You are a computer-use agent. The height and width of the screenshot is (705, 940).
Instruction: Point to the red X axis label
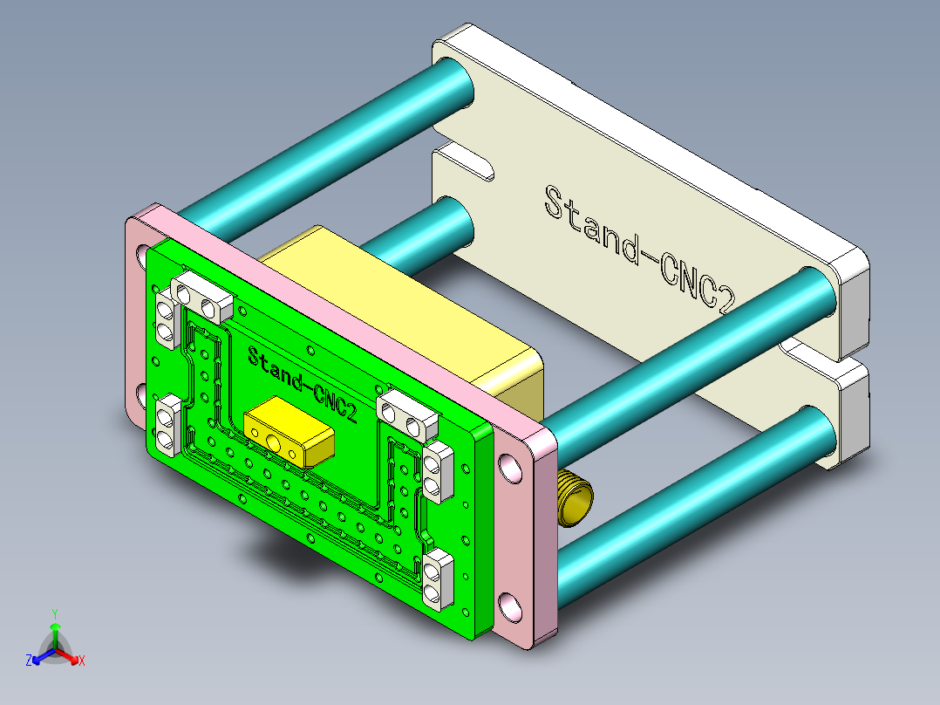(x=82, y=661)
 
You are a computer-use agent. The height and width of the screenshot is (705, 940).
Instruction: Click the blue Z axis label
(x=29, y=661)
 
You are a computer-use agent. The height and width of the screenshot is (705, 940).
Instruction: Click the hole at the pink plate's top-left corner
(x=142, y=254)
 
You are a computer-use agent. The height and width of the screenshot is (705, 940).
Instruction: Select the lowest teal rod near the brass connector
(x=689, y=497)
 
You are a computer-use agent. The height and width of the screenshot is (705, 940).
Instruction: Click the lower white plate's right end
(x=850, y=410)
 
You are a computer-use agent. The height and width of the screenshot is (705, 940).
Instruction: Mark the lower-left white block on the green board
(x=167, y=427)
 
